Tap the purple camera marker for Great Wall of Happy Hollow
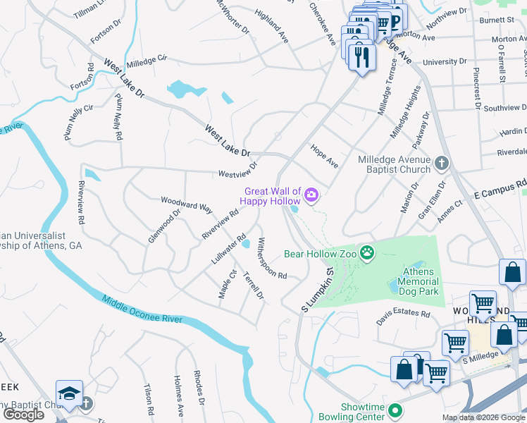(311, 195)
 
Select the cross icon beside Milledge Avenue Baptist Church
(442, 164)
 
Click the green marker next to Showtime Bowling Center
(395, 410)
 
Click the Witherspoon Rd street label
(272, 258)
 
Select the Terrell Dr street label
(253, 285)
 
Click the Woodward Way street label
(187, 204)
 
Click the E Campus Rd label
(500, 188)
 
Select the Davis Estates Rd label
(403, 315)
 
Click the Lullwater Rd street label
(228, 250)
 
